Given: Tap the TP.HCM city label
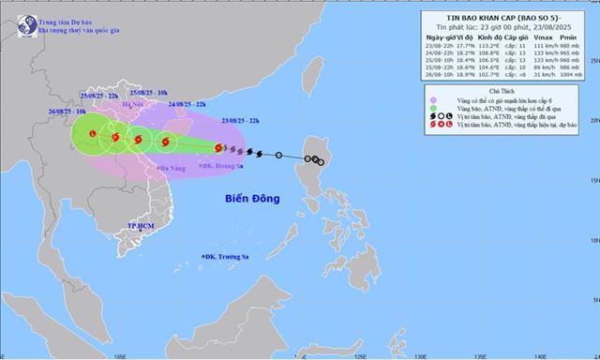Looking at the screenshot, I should coord(141,227).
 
